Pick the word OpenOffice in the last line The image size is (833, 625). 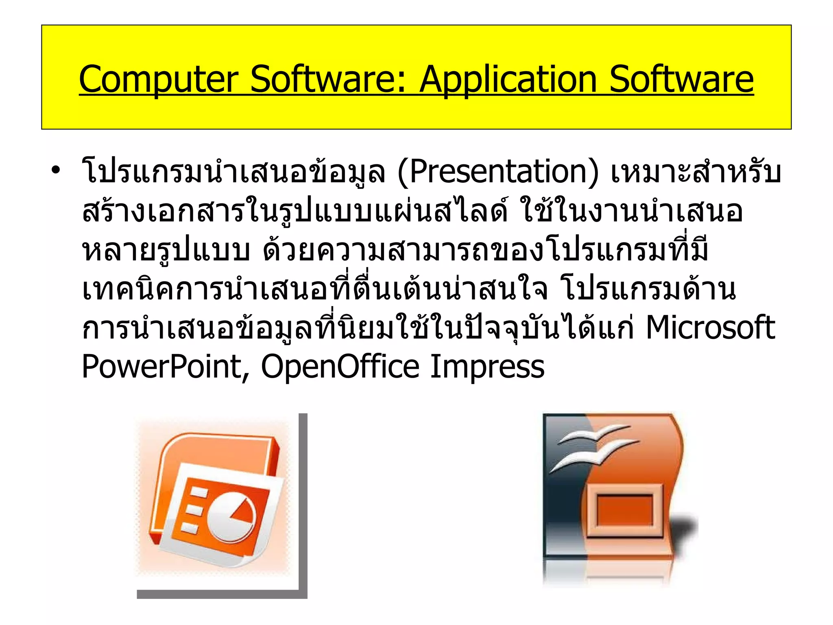(340, 366)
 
